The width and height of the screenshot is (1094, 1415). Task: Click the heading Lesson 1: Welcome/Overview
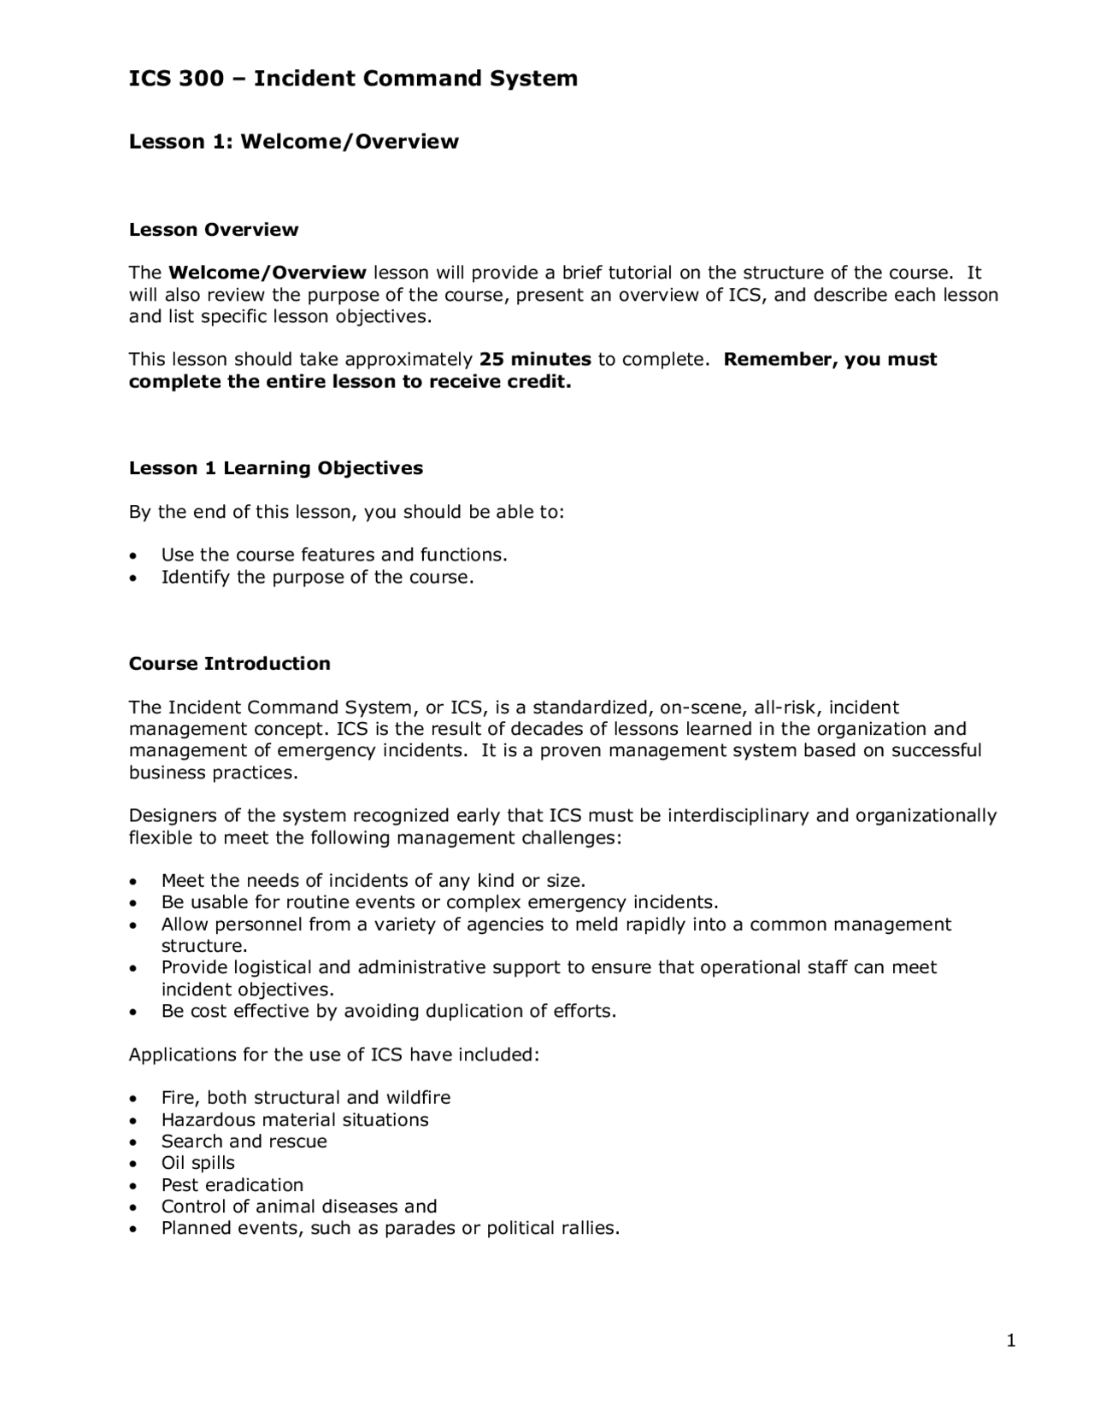tap(293, 142)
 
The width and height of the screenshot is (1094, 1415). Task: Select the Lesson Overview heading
tap(214, 230)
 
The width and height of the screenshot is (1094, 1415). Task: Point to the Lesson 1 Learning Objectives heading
tap(275, 468)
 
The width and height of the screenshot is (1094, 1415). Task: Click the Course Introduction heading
tap(229, 664)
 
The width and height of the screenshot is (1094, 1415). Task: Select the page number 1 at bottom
tap(1011, 1342)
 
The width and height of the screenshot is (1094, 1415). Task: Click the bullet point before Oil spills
tap(132, 1165)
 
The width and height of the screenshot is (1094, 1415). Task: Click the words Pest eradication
tap(232, 1185)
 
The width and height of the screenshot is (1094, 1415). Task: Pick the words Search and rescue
tap(244, 1142)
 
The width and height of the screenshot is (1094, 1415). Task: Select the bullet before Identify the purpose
tap(132, 578)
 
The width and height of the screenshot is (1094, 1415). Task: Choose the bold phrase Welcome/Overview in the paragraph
tap(268, 273)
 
